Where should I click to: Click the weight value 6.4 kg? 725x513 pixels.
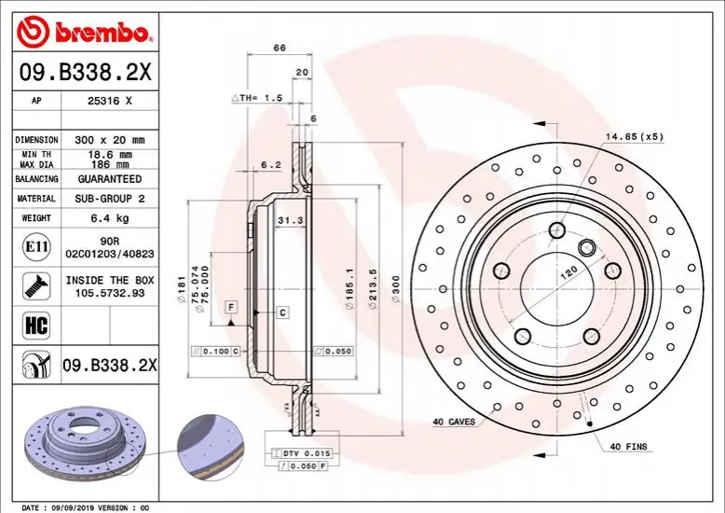point(110,218)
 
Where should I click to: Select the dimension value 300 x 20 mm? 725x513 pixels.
point(110,140)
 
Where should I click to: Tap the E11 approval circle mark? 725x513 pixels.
point(36,247)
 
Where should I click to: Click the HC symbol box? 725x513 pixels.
point(36,325)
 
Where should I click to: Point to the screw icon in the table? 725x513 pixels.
point(36,286)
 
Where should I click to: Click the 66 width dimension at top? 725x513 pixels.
point(280,48)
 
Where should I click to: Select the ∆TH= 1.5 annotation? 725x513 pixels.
point(256,98)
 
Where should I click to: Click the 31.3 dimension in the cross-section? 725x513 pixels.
point(291,220)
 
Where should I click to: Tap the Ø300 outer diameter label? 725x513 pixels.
point(396,289)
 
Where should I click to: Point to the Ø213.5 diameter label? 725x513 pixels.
point(373,289)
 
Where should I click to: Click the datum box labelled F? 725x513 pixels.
point(231,307)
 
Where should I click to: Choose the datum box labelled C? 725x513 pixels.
point(283,313)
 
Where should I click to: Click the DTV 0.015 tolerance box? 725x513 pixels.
point(302,453)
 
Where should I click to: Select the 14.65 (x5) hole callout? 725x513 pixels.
point(635,136)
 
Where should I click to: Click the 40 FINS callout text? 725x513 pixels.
point(628,447)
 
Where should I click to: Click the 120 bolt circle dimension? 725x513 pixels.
point(568,271)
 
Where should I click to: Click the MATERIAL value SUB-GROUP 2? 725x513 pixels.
point(110,199)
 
